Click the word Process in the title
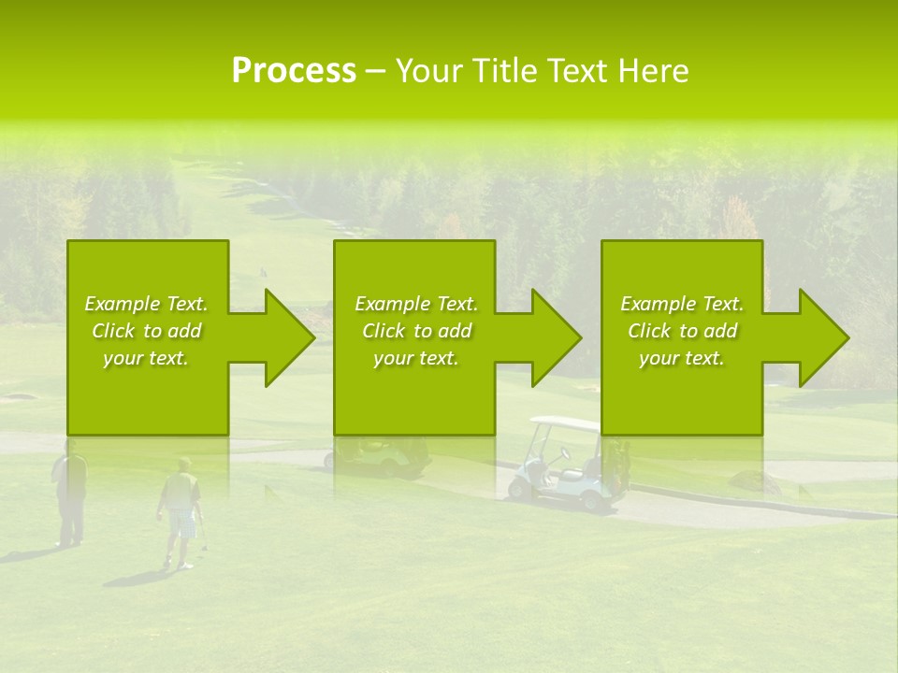tap(294, 71)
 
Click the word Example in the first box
tap(122, 304)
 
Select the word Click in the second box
tap(384, 331)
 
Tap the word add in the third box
tap(720, 331)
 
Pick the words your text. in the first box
tap(146, 358)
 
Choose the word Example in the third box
tap(658, 304)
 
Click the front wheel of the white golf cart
tap(519, 487)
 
